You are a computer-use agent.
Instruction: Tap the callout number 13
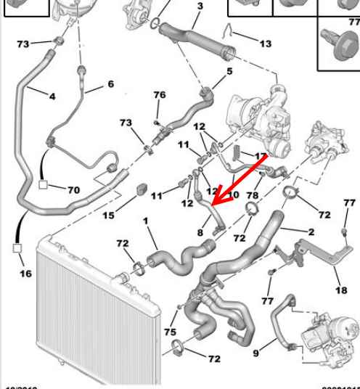coord(265,44)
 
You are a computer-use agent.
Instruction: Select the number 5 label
coord(229,72)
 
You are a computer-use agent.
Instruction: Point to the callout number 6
coord(110,85)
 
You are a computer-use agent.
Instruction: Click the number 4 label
coord(52,96)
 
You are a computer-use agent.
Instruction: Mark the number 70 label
coord(73,190)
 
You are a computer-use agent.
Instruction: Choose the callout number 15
coord(108,216)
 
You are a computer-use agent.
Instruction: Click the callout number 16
coord(25,274)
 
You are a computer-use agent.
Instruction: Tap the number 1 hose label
coord(144,220)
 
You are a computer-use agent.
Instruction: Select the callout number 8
coord(200,232)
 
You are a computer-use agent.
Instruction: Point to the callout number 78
coord(253,196)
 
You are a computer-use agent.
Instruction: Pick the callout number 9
coord(255,353)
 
